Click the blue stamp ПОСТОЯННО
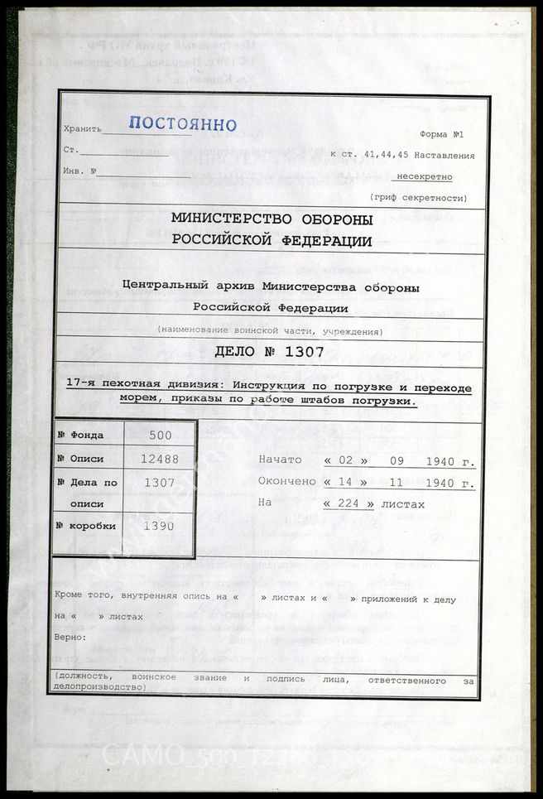183,125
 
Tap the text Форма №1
445,134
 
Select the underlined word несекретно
425,176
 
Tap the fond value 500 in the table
161,434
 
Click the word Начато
281,460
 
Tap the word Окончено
286,482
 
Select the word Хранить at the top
83,129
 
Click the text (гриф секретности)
417,198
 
